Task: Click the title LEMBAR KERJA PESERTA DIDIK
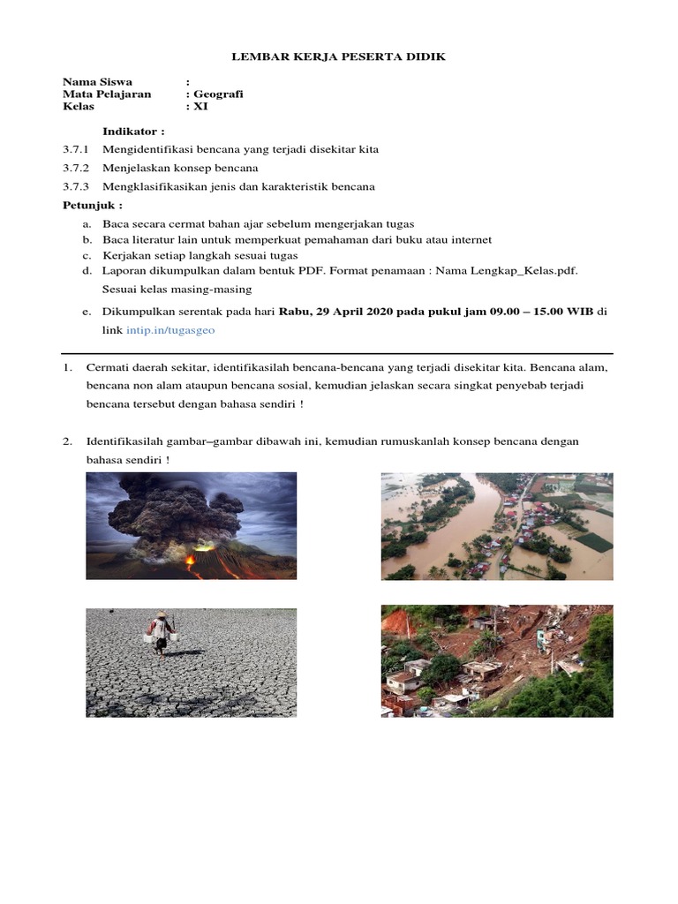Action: point(339,56)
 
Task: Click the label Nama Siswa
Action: point(97,82)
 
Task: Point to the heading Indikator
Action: point(133,132)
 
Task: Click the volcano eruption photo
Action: point(191,526)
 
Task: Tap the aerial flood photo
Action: point(496,526)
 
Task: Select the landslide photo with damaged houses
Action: point(496,660)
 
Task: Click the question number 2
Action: point(67,441)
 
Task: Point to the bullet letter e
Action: point(87,312)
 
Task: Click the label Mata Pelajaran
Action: point(107,94)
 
